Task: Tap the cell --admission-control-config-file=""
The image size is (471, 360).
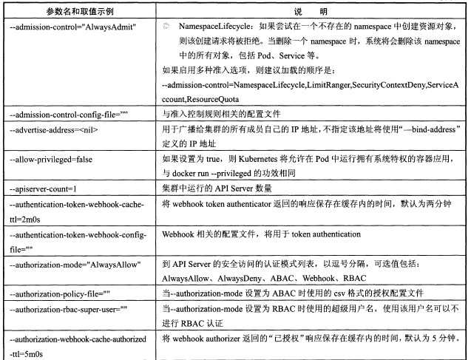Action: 68,114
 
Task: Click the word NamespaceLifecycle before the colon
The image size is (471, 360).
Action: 210,26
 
